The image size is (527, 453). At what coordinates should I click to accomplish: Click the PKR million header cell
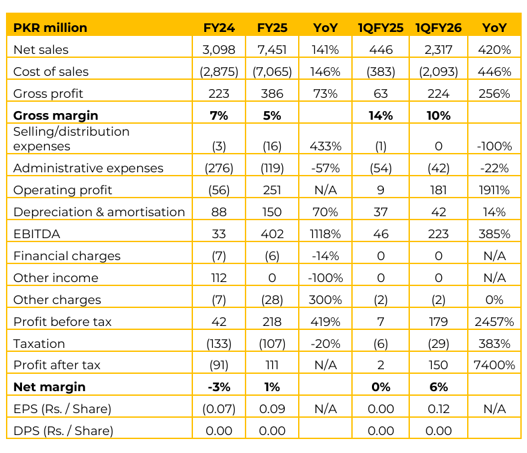click(x=51, y=27)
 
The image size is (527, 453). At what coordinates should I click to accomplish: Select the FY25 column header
click(x=271, y=27)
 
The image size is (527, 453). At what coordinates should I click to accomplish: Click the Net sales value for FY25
click(x=271, y=49)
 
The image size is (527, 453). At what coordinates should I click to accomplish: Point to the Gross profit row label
click(x=49, y=93)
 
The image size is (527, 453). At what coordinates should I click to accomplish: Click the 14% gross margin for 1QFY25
click(x=381, y=115)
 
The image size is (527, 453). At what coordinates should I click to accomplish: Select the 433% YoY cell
click(x=326, y=146)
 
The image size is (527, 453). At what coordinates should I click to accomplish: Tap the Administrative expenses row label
click(x=88, y=168)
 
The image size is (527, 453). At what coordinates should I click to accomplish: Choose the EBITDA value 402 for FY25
click(x=271, y=234)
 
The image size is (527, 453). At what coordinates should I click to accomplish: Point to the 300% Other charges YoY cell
click(x=326, y=300)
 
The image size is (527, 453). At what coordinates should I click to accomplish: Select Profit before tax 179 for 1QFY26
click(x=437, y=322)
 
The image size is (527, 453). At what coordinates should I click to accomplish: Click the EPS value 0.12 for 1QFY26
click(x=437, y=409)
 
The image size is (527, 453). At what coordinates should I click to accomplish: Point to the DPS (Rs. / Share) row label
click(x=63, y=430)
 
